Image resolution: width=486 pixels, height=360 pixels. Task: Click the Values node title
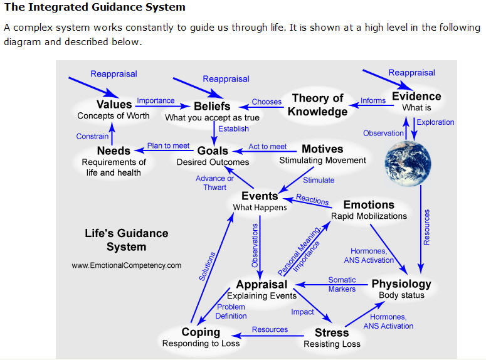114,104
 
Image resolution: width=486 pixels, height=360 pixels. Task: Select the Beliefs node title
212,106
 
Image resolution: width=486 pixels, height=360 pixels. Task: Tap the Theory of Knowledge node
318,105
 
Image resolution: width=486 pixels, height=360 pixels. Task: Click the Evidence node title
416,96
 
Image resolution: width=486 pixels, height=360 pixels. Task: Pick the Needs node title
114,151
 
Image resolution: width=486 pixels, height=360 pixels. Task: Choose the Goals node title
213,151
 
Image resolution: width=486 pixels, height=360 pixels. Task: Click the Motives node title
322,149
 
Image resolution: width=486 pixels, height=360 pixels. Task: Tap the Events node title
260,196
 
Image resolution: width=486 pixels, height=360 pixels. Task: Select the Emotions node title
369,204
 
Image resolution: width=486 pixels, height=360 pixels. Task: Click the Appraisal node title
261,284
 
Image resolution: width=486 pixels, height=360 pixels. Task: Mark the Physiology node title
401,283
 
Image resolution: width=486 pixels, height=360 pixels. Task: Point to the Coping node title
201,332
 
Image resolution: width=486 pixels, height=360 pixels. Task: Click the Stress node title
331,332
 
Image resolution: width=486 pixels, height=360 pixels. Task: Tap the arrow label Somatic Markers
342,284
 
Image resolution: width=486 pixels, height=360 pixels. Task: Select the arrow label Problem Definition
231,311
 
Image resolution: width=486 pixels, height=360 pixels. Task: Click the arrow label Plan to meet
168,146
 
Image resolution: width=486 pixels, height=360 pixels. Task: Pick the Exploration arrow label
435,122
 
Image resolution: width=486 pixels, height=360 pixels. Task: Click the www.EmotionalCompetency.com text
127,265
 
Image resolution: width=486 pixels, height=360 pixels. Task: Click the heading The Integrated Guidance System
95,8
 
